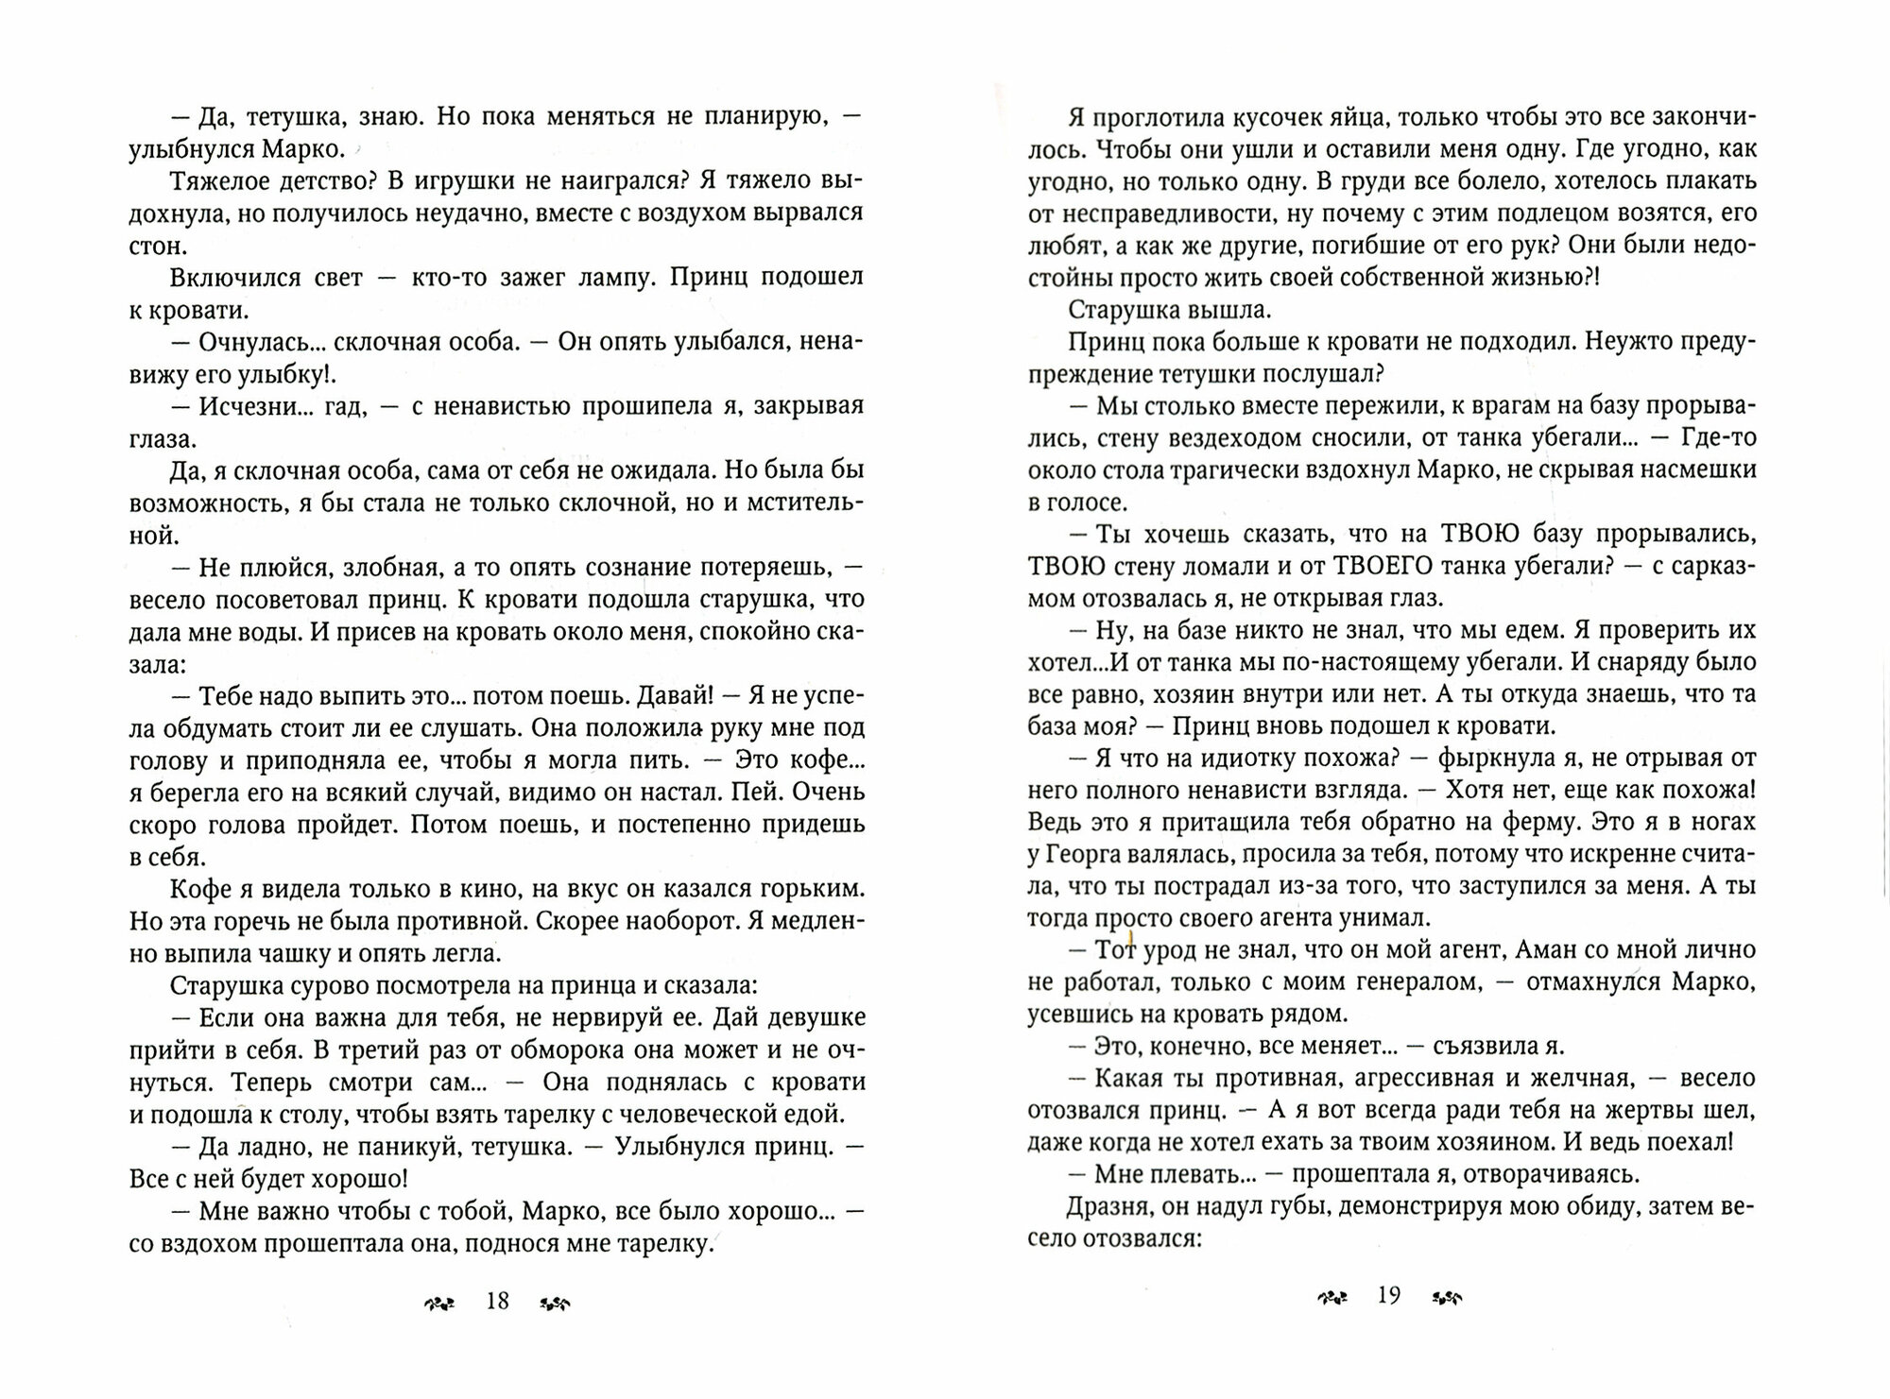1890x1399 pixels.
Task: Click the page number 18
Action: (x=497, y=1301)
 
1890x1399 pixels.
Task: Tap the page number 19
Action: (x=1388, y=1295)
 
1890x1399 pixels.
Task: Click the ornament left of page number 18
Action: (x=439, y=1304)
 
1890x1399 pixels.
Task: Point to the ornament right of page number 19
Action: (x=1448, y=1297)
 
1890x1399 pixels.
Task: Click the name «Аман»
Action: (x=1552, y=949)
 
